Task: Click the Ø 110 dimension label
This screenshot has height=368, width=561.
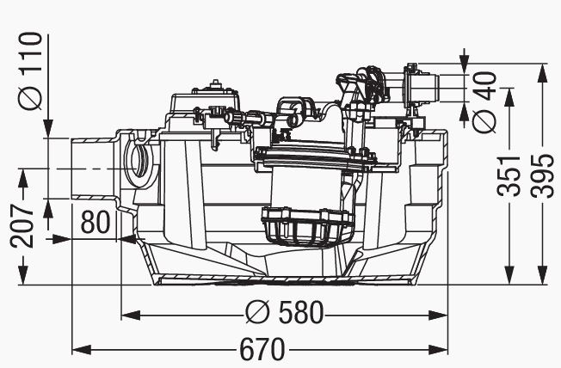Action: (30, 71)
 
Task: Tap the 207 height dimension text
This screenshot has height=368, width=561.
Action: (22, 226)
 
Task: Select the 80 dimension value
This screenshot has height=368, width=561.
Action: (96, 222)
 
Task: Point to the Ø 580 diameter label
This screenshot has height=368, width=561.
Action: (285, 312)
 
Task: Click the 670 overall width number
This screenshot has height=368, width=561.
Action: (262, 349)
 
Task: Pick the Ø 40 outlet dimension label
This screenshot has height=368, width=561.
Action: (484, 102)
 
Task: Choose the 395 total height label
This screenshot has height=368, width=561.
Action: (542, 176)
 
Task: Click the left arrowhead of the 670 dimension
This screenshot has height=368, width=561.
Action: (81, 349)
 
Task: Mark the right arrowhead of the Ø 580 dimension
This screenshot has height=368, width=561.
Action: (438, 316)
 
